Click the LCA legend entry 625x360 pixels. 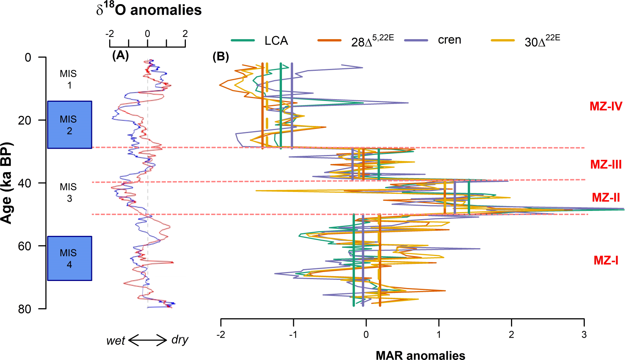[276, 40]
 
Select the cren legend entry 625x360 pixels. [449, 40]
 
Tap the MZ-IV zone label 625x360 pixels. [606, 106]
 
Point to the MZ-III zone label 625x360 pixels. [606, 164]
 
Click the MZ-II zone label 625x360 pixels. [606, 198]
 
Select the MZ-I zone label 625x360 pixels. [606, 260]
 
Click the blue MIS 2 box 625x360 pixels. [69, 125]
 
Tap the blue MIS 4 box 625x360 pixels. [69, 258]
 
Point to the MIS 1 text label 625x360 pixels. [69, 79]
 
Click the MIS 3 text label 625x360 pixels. [69, 192]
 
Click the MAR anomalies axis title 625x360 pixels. [420, 355]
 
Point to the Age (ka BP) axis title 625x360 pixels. [6, 183]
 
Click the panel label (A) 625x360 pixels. [120, 56]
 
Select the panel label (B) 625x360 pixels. [221, 57]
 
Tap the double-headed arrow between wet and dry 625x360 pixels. [147, 340]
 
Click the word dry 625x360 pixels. [180, 340]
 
